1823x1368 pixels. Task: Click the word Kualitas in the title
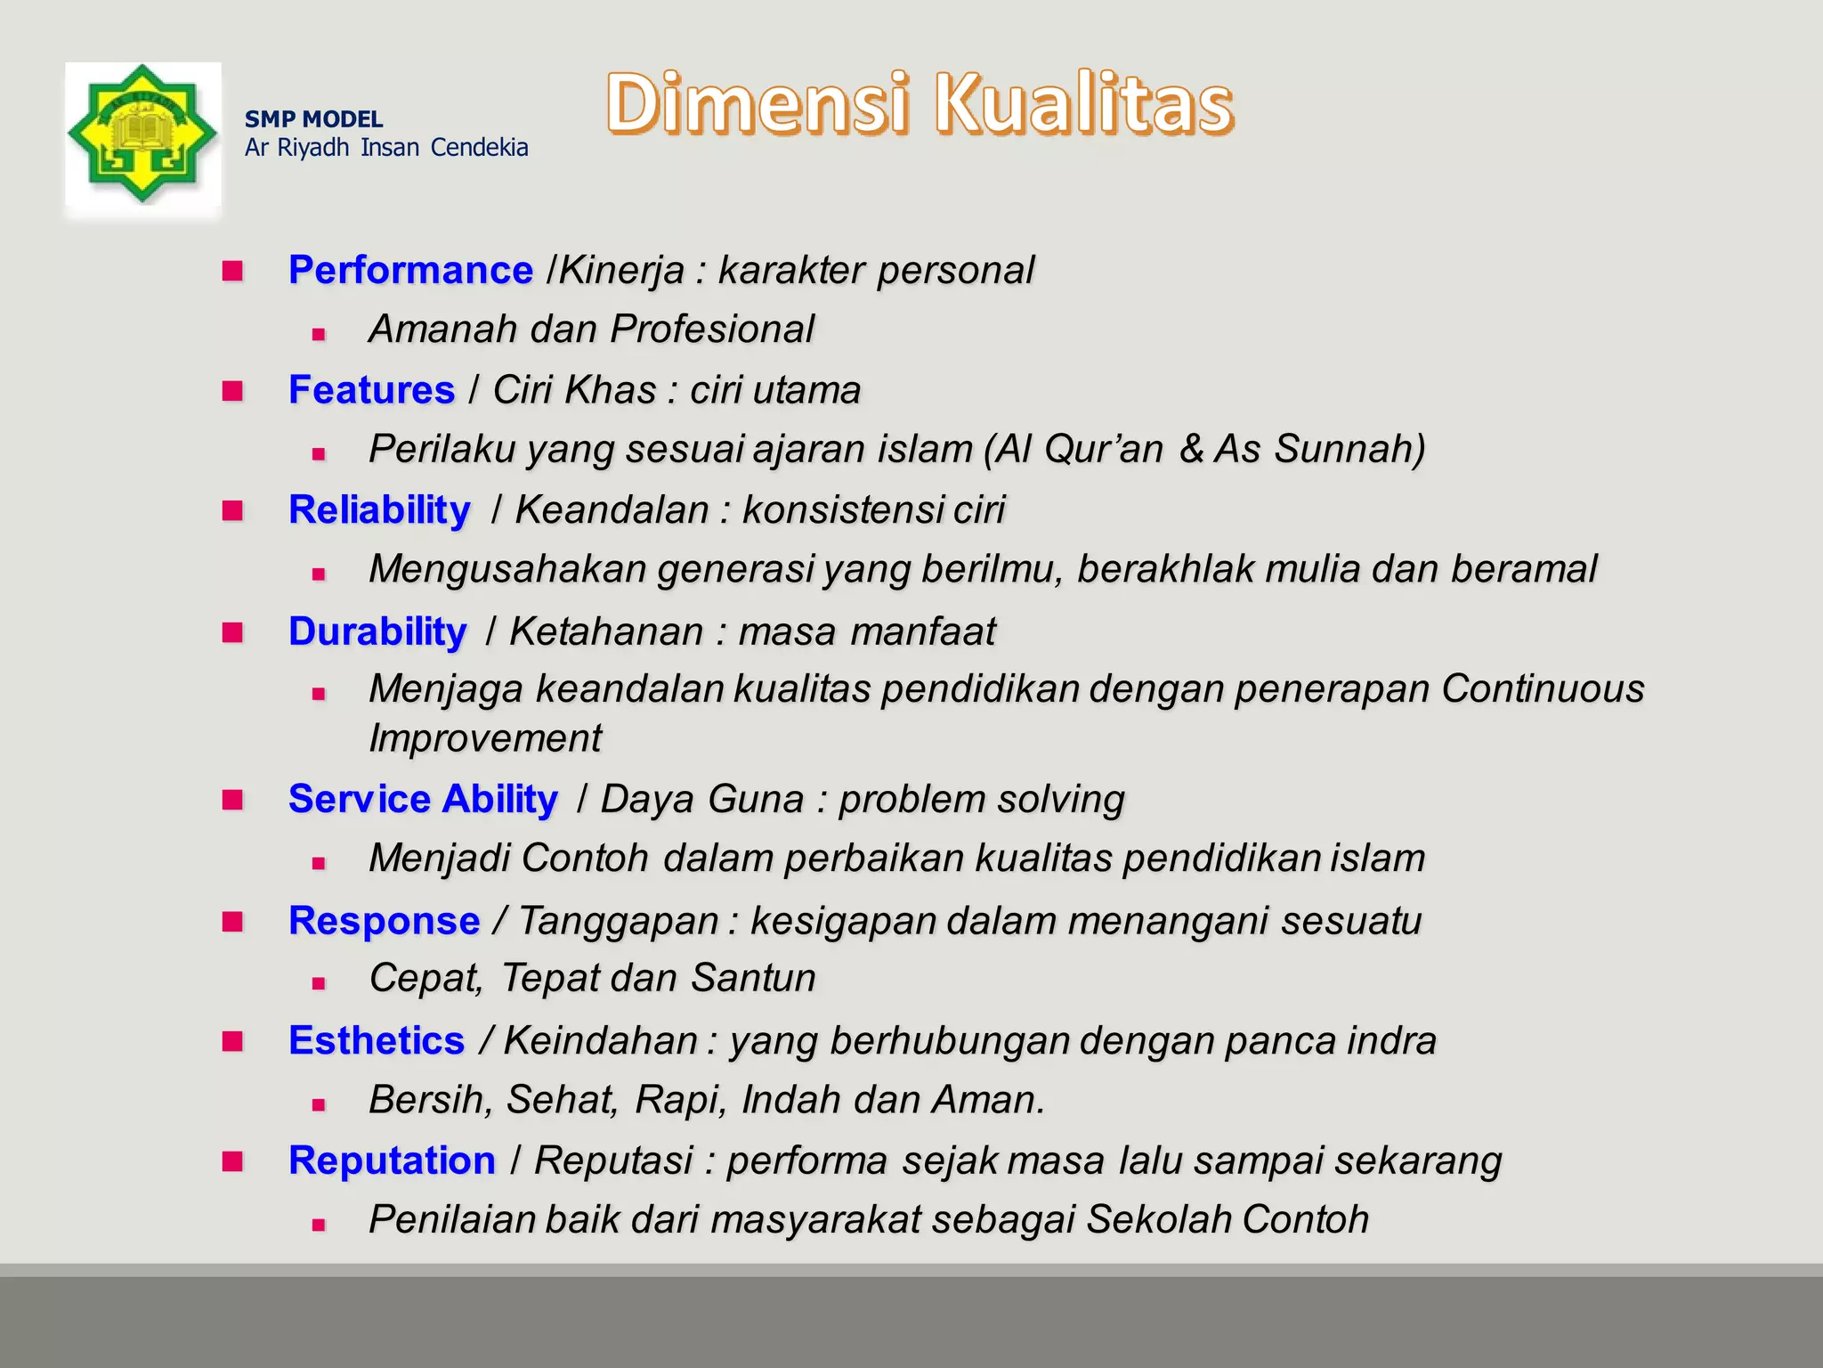(1083, 104)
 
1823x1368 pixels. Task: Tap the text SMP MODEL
(313, 119)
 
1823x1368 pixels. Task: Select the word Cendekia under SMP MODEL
(479, 148)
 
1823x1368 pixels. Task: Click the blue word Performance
(410, 270)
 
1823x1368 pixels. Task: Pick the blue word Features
(371, 390)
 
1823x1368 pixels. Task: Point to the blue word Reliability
(379, 510)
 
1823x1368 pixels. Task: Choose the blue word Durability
(377, 631)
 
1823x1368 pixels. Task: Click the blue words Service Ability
(423, 799)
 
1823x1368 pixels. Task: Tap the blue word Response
(384, 920)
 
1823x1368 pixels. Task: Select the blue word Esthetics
(377, 1040)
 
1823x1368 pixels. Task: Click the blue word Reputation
(392, 1160)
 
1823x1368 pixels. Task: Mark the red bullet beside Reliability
(233, 510)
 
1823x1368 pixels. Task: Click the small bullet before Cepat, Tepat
(319, 984)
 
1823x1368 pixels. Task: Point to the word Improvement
(485, 738)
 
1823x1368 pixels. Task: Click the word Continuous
(1542, 688)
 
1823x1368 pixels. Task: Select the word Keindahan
(601, 1040)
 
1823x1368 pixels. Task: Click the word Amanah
(443, 329)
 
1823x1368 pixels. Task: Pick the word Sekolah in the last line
(1159, 1219)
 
